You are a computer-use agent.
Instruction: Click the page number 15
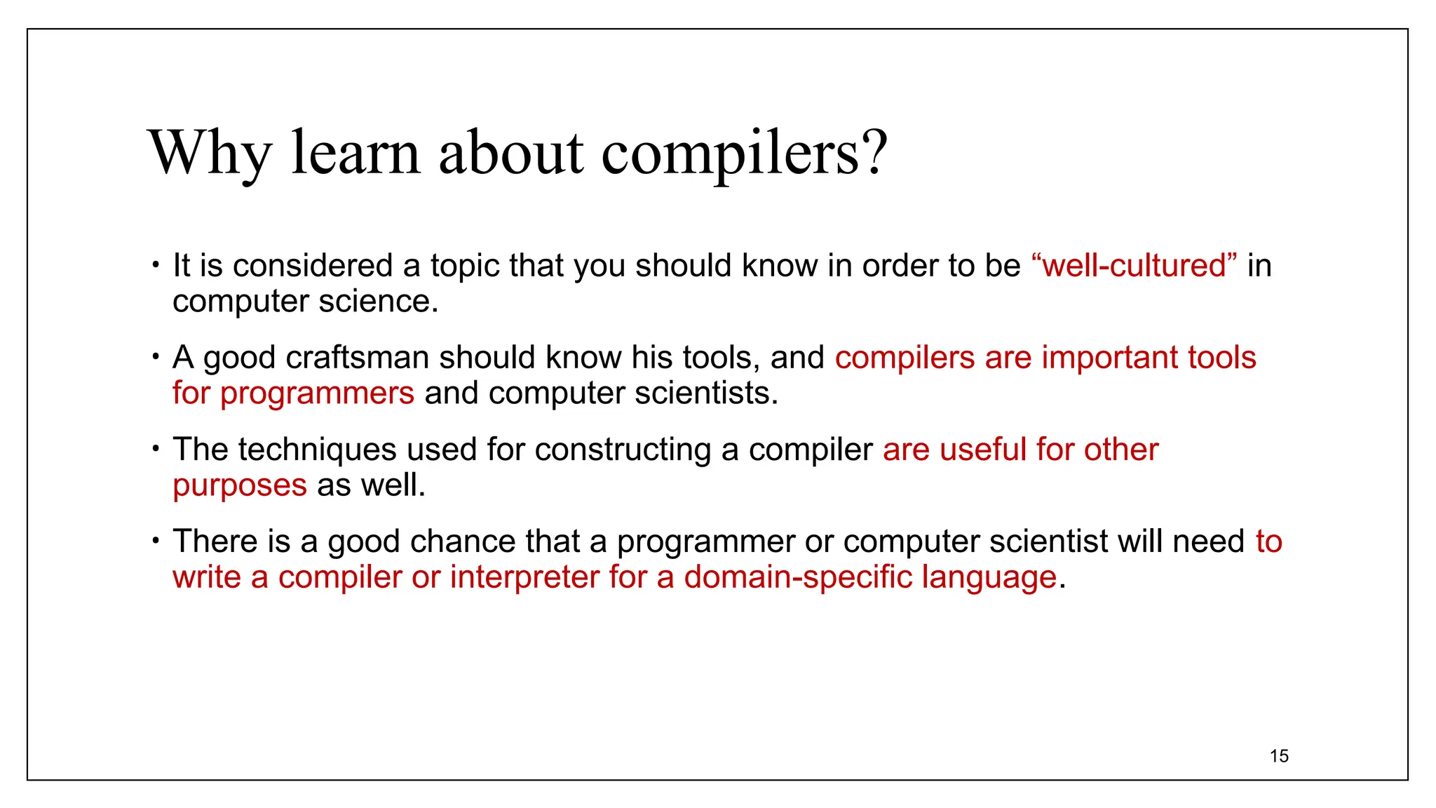(1279, 756)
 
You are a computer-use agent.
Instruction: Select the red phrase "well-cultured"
(1134, 266)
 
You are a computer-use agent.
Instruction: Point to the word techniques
(317, 450)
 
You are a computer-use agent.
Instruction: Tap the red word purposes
(240, 485)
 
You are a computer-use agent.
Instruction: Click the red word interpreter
(524, 577)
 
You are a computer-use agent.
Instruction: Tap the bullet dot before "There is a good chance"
(156, 541)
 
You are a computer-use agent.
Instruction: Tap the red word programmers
(317, 393)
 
